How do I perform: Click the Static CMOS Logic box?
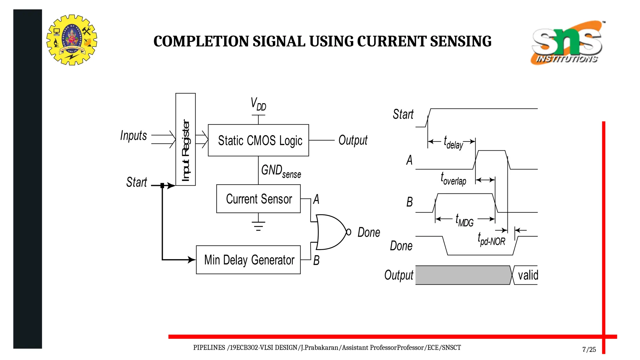tap(258, 140)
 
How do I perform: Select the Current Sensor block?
tap(258, 199)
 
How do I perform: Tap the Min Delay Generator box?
tap(248, 260)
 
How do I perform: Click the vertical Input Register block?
tap(186, 139)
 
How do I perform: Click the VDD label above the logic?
tap(258, 104)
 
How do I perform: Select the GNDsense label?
tap(281, 171)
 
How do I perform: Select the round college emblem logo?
tap(72, 40)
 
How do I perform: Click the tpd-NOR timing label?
tap(491, 239)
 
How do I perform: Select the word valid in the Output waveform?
tap(528, 275)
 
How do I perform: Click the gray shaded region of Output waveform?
tap(462, 275)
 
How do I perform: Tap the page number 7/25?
tap(589, 349)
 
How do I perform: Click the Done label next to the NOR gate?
tap(369, 232)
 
